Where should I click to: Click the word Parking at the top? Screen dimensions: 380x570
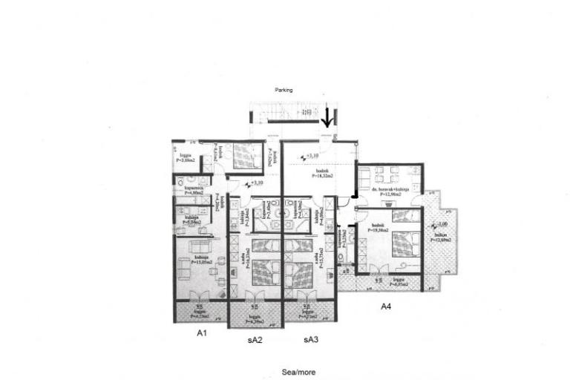coord(284,90)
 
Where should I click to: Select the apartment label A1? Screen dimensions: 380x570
coord(200,334)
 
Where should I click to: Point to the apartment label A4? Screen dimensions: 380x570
coord(386,306)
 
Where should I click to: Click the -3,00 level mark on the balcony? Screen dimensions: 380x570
coord(443,223)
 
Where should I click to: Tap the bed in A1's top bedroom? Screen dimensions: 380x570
coord(242,157)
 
